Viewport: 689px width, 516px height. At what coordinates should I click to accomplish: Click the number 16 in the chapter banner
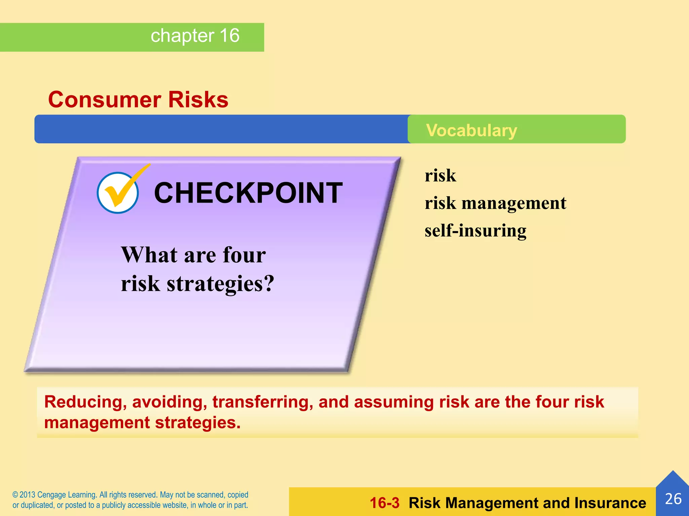tap(229, 36)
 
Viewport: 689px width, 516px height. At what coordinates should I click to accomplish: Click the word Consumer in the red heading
tap(105, 100)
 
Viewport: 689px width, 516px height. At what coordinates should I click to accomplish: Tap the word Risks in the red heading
tap(198, 100)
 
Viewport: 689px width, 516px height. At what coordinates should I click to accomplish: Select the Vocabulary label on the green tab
tap(471, 130)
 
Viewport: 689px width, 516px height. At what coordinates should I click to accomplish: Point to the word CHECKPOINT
tap(248, 193)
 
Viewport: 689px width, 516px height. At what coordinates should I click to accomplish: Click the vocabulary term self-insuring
tap(475, 231)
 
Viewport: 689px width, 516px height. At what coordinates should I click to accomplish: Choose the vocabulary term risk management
tap(495, 203)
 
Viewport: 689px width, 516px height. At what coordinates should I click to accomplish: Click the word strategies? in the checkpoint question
tap(220, 284)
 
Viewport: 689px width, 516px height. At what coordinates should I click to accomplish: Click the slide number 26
tap(673, 499)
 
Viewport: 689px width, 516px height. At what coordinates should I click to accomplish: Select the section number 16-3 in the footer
tap(385, 503)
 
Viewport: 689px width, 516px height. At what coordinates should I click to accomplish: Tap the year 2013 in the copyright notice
tap(27, 495)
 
